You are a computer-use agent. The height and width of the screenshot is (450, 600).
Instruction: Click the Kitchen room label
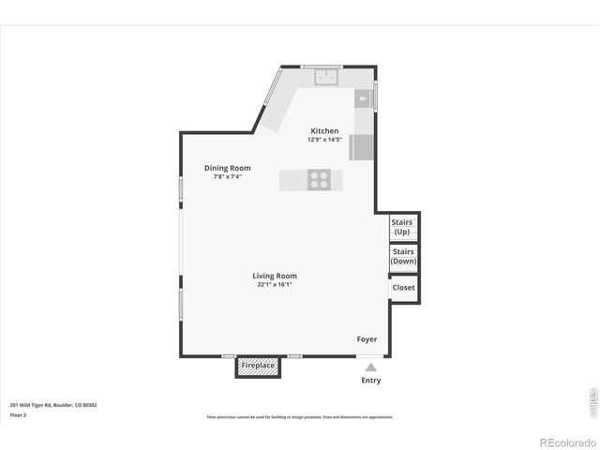pyautogui.click(x=324, y=130)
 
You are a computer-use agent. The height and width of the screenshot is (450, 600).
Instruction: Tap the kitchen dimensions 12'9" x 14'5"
pyautogui.click(x=324, y=140)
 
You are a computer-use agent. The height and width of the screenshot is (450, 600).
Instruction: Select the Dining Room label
pyautogui.click(x=227, y=168)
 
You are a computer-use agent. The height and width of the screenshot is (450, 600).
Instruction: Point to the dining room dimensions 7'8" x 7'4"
pyautogui.click(x=227, y=176)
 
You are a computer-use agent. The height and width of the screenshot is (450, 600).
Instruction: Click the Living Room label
pyautogui.click(x=274, y=276)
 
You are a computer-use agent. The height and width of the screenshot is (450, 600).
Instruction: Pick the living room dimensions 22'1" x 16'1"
pyautogui.click(x=274, y=285)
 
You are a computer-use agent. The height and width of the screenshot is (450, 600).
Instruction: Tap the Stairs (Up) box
pyautogui.click(x=402, y=227)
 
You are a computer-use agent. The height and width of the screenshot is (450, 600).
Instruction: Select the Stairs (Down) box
pyautogui.click(x=403, y=257)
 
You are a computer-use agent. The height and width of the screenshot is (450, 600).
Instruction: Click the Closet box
pyautogui.click(x=403, y=288)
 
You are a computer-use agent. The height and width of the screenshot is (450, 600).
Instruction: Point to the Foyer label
pyautogui.click(x=366, y=338)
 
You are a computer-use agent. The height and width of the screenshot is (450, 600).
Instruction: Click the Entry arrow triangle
pyautogui.click(x=371, y=367)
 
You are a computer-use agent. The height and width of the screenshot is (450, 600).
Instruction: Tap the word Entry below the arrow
pyautogui.click(x=371, y=381)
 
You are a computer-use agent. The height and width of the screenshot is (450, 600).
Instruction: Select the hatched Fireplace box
pyautogui.click(x=258, y=366)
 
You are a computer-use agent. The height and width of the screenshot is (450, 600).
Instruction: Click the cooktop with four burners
pyautogui.click(x=320, y=179)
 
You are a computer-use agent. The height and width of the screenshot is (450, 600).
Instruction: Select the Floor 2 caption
pyautogui.click(x=18, y=414)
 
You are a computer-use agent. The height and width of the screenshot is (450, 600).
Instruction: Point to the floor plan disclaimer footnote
pyautogui.click(x=300, y=417)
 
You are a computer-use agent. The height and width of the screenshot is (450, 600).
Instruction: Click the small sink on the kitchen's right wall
pyautogui.click(x=363, y=97)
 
